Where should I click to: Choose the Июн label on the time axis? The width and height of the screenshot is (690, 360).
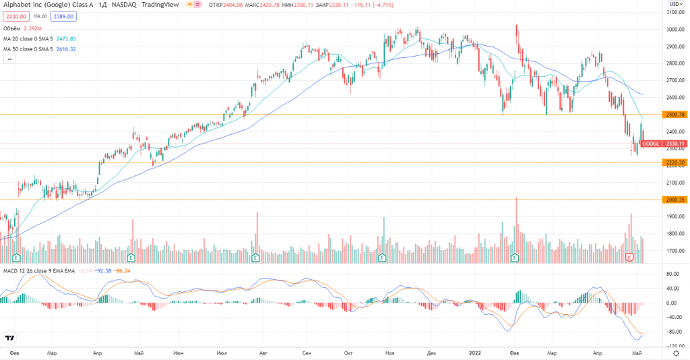[x=179, y=353]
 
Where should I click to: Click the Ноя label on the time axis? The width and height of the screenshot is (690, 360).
[x=389, y=353]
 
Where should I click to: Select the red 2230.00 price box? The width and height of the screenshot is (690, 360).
[x=14, y=16]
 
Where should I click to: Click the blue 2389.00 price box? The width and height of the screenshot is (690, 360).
[x=55, y=16]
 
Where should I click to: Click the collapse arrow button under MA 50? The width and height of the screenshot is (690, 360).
[x=9, y=60]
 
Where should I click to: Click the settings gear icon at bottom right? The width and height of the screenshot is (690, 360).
[x=675, y=353]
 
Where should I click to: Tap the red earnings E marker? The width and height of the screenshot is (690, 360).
[x=630, y=258]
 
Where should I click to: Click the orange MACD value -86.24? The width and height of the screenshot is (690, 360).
[x=122, y=270]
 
